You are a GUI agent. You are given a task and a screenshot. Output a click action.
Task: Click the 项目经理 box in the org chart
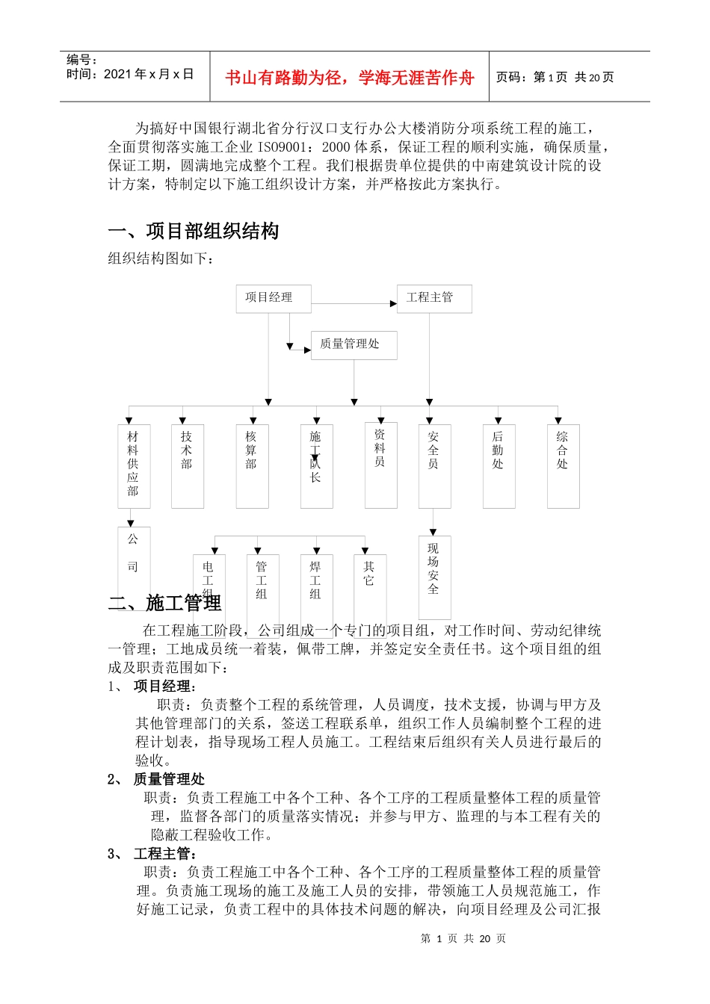(x=273, y=298)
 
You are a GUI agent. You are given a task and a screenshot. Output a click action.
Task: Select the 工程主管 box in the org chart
(x=433, y=298)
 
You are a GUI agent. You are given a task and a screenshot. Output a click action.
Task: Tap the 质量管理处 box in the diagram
(x=354, y=344)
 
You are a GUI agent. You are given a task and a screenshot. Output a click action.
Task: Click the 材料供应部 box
(x=133, y=465)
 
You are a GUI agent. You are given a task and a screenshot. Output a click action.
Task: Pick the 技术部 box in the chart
(x=187, y=465)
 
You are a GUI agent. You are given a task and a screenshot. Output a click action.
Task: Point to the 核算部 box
(x=252, y=465)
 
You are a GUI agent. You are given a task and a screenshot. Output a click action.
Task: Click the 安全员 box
(x=434, y=465)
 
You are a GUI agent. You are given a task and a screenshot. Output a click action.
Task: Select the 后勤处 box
(x=498, y=465)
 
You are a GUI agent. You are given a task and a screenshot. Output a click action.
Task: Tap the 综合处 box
(x=563, y=465)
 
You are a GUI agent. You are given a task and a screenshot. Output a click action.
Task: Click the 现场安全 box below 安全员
(x=434, y=575)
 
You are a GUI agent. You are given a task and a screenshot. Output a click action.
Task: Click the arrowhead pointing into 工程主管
(x=393, y=303)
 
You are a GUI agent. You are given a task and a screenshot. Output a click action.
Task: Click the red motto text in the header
(x=349, y=78)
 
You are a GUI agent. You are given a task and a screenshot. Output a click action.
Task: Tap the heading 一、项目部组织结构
(x=194, y=232)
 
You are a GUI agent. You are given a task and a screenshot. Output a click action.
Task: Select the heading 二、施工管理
(x=165, y=603)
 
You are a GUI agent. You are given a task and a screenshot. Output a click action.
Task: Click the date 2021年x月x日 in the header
(x=149, y=74)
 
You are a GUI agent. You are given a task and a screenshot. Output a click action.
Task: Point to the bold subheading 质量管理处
(x=169, y=779)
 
